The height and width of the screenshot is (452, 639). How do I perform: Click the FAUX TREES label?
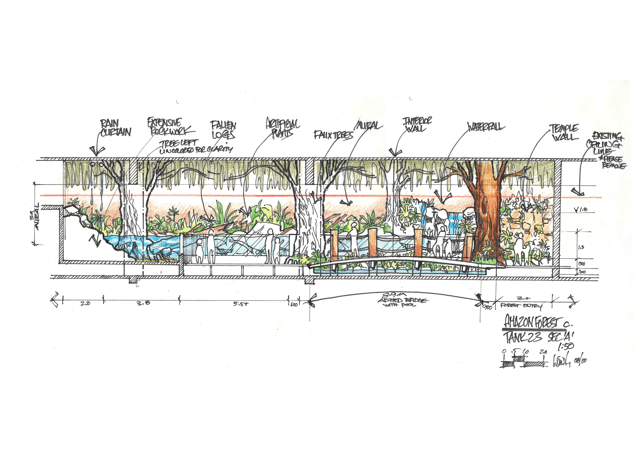point(333,135)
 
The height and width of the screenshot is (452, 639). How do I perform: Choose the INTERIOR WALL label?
point(417,125)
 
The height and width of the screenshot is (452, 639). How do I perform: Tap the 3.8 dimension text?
point(143,303)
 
